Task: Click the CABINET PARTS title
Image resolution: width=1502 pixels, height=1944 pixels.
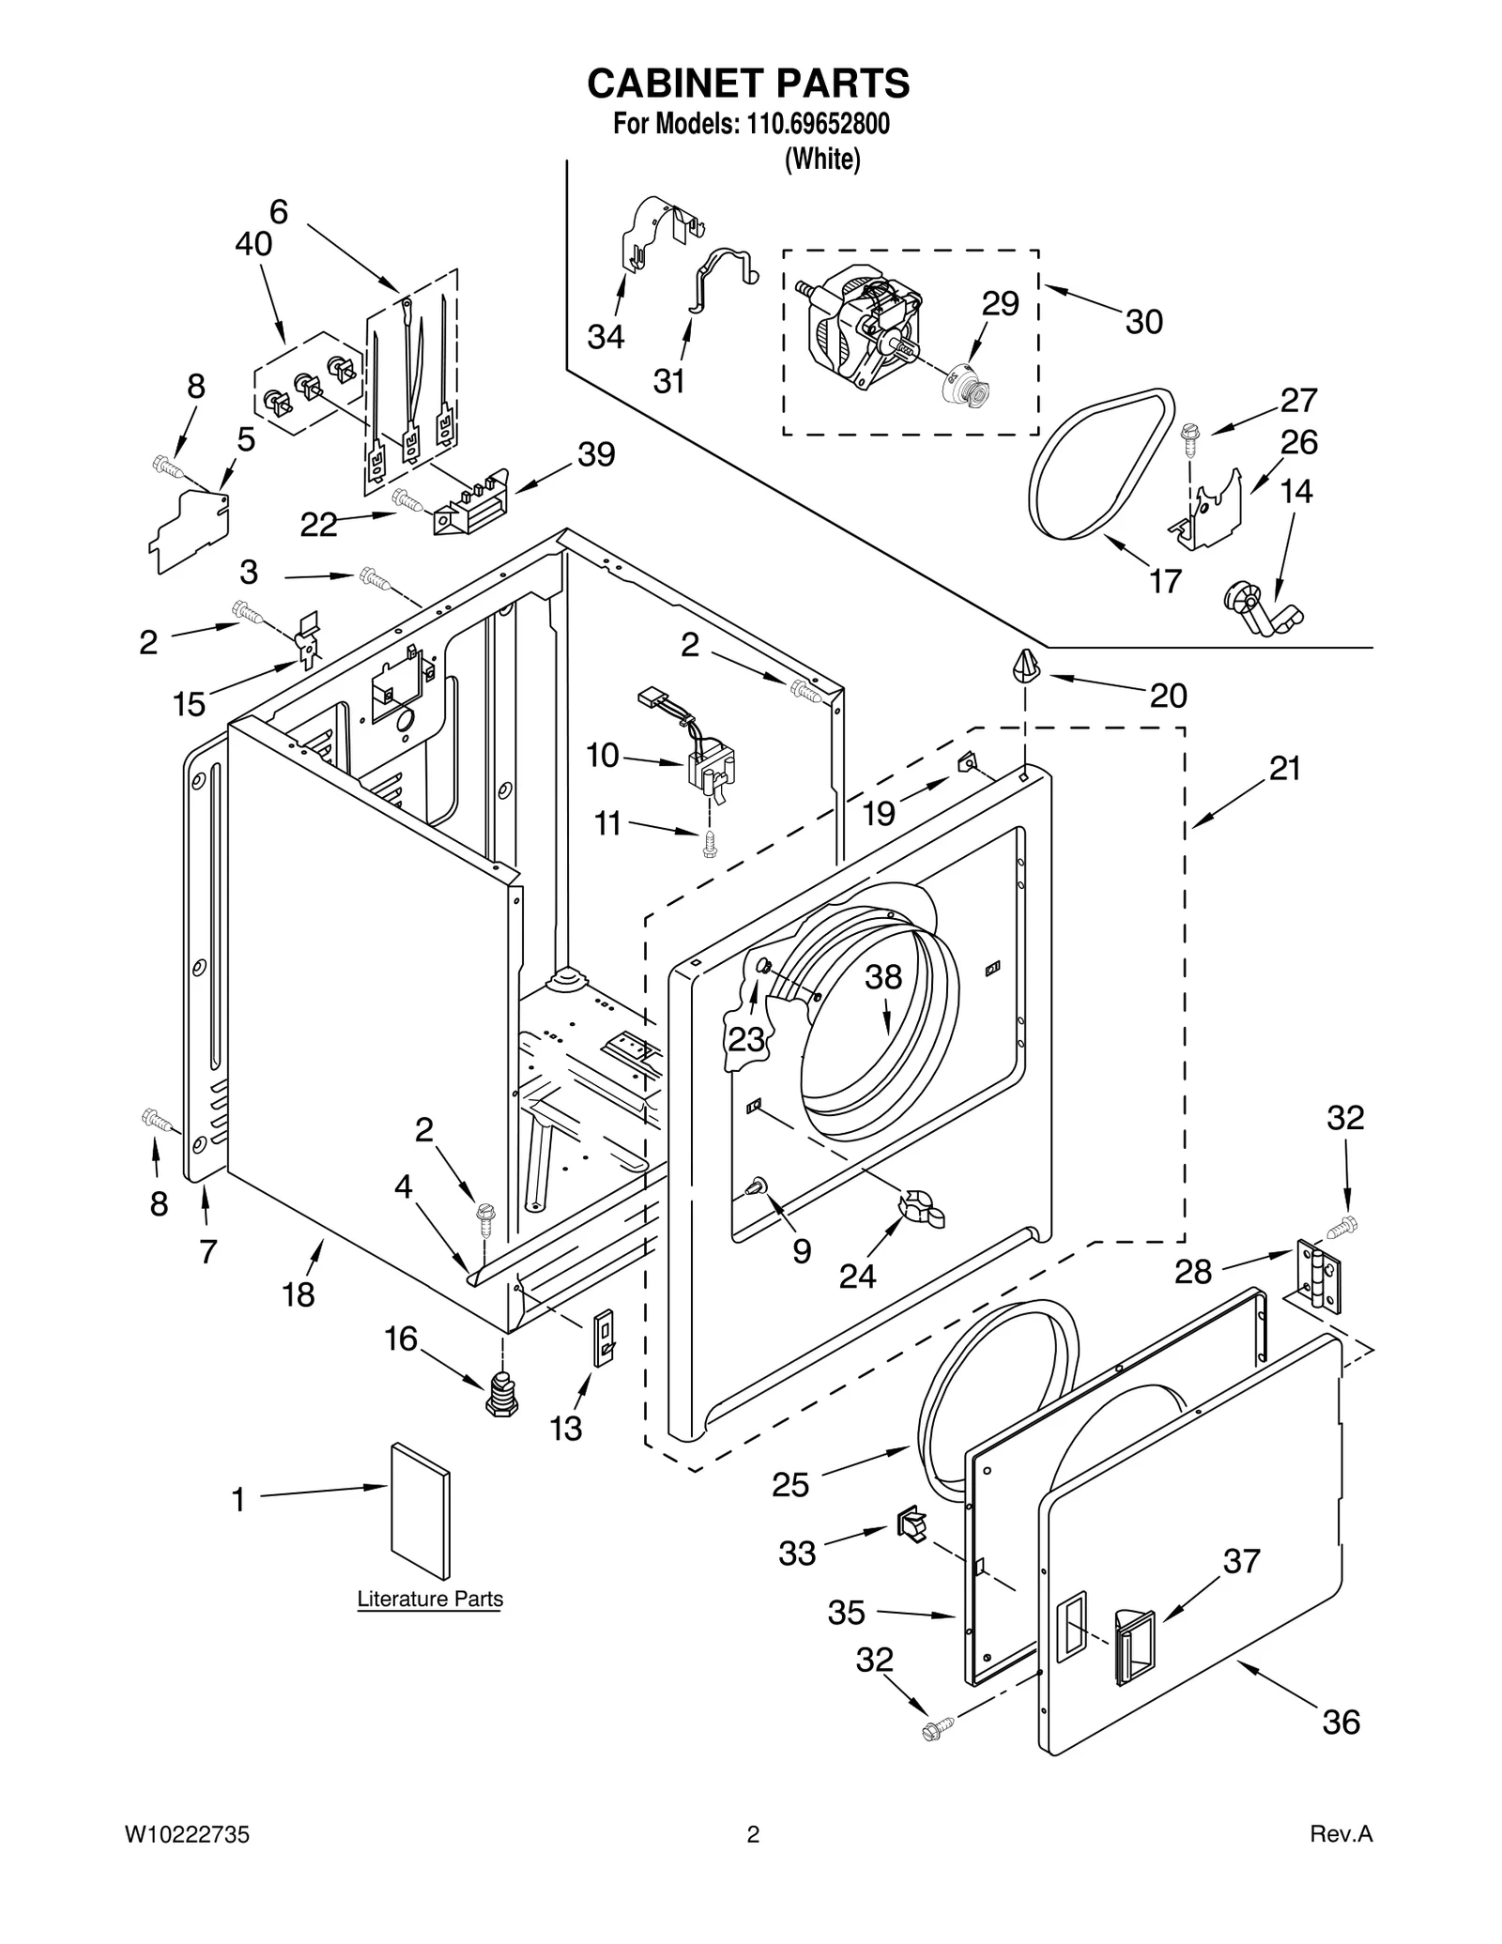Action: tap(748, 84)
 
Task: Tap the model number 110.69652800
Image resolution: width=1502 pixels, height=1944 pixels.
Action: tap(818, 124)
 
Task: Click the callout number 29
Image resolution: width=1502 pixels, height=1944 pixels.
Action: tap(1000, 303)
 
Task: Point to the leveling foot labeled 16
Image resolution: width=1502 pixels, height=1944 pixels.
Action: tap(503, 1395)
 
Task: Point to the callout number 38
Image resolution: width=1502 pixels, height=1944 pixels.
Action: tap(882, 976)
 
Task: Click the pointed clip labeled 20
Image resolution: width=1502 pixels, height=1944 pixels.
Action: tap(1024, 666)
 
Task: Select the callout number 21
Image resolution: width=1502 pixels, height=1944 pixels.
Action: tap(1284, 769)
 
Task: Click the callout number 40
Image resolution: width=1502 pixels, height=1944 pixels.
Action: tap(253, 244)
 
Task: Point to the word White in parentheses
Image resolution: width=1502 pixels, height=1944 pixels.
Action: tap(822, 160)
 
